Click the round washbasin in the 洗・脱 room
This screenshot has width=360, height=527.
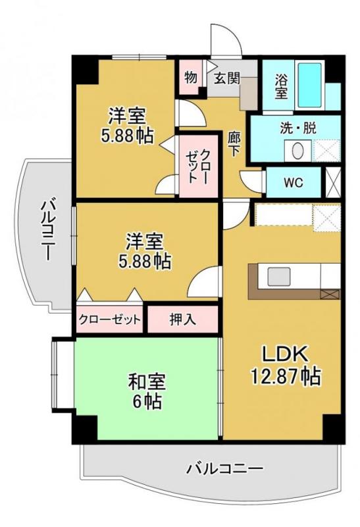point(297,150)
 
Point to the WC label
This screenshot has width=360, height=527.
point(293,182)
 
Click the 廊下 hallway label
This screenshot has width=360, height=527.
point(234,144)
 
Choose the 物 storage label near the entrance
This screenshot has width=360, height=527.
point(191,77)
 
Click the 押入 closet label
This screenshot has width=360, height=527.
point(182,321)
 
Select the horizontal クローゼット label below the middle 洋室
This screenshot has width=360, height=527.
point(110,321)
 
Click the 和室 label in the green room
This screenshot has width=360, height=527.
point(146,381)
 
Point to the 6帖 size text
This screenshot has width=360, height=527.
point(146,401)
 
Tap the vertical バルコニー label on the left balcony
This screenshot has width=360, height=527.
point(47,231)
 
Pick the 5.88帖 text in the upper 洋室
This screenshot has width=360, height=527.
point(127,136)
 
